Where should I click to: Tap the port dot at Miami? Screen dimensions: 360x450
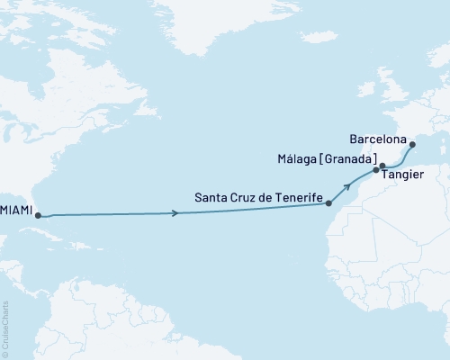(37, 215)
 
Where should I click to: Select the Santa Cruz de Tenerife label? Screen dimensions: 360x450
(257, 195)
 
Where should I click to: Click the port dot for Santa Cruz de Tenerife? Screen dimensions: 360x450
(329, 204)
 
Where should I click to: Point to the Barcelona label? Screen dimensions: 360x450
(375, 141)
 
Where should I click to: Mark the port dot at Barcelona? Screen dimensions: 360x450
(411, 144)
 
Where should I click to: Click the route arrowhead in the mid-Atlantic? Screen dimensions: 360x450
(174, 213)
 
